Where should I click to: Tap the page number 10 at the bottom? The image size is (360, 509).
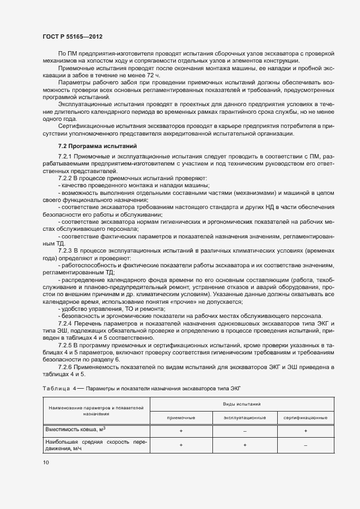click(45, 462)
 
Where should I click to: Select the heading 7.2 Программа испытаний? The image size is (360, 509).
click(93, 146)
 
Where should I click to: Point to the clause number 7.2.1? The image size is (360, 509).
click(66, 157)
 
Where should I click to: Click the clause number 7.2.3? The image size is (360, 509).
click(66, 249)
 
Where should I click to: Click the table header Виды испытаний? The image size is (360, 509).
click(241, 404)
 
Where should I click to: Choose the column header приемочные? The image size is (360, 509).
click(180, 418)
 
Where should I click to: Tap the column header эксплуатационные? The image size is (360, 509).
click(245, 418)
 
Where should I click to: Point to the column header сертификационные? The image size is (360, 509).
click(306, 418)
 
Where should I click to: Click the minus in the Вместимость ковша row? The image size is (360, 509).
click(245, 431)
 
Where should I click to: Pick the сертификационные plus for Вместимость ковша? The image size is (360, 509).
click(306, 431)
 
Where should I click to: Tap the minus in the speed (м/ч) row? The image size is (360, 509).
click(306, 445)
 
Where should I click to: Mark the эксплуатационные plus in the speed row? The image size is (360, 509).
click(245, 445)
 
